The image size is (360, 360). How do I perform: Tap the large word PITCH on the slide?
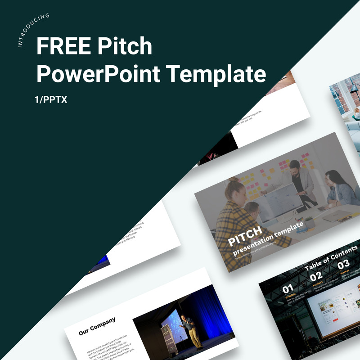(x=245, y=237)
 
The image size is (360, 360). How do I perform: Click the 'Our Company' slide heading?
(x=97, y=326)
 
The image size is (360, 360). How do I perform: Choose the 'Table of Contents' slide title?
(x=331, y=258)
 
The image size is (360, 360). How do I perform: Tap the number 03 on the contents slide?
(x=343, y=264)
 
